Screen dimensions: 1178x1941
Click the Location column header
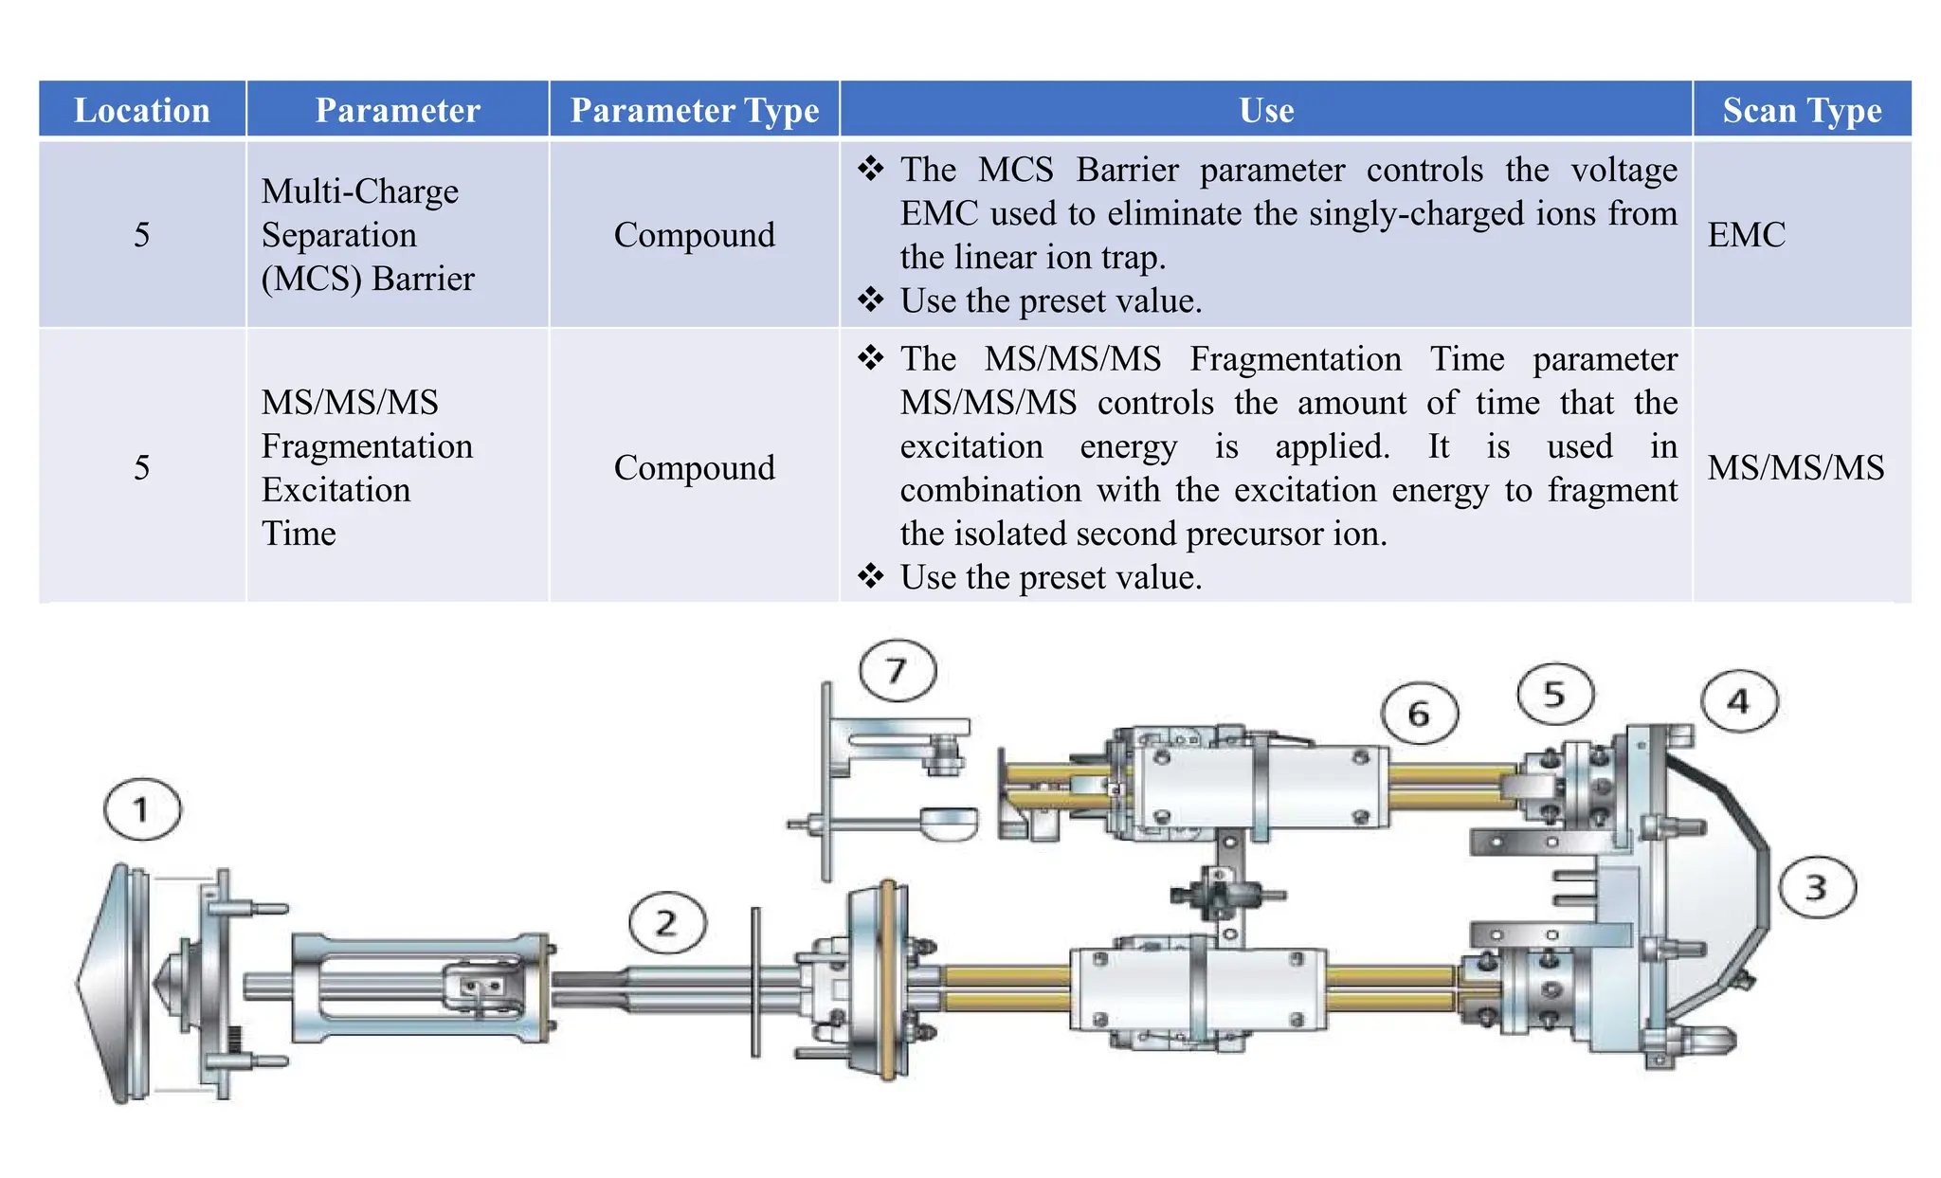point(142,110)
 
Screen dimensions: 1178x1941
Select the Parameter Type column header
point(694,110)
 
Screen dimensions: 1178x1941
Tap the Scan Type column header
point(1802,110)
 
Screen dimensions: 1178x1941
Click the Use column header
point(1266,110)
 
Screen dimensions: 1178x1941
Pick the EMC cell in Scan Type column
point(1746,234)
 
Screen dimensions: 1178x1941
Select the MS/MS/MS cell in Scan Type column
point(1795,467)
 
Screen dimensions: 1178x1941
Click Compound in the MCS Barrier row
point(694,234)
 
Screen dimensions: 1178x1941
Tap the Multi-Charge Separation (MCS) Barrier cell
point(368,234)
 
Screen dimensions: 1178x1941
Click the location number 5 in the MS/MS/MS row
point(142,467)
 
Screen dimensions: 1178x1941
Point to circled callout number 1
point(142,809)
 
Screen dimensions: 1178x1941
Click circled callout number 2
point(667,922)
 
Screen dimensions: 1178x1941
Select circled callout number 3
point(1816,887)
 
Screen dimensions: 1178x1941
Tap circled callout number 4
point(1738,701)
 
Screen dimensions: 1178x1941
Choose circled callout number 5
point(1554,694)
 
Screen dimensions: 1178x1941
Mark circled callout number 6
point(1419,713)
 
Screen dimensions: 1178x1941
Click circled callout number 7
point(897,670)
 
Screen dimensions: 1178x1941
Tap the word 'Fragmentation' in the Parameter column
point(367,445)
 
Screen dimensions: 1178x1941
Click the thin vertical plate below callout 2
point(755,982)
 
